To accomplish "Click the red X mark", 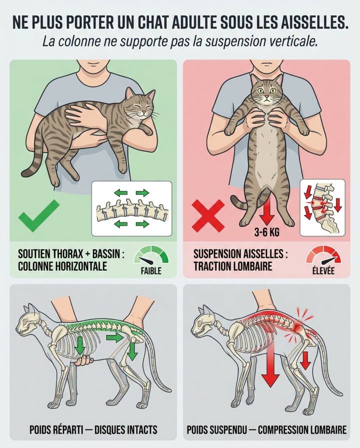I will [209, 216].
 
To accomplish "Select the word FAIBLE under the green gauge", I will [151, 271].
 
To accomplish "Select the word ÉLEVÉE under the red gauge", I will [324, 272].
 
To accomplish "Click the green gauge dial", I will [151, 255].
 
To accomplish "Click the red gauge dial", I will [324, 255].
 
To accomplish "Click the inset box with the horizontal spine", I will [131, 208].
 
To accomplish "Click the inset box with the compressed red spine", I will [322, 207].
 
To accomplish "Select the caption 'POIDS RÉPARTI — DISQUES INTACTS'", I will [93, 429].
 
